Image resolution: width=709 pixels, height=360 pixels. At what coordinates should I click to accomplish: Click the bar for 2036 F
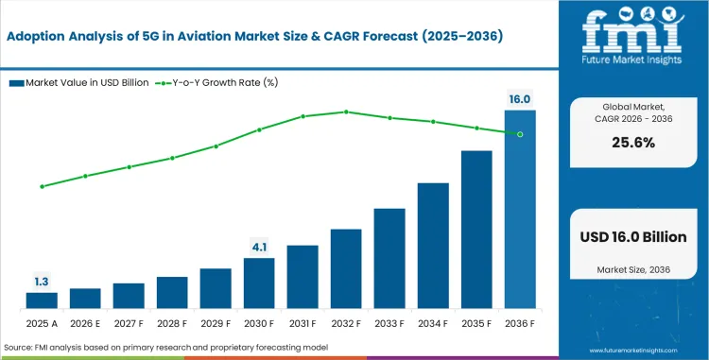(520, 209)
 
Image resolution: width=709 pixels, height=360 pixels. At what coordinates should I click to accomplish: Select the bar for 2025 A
(42, 300)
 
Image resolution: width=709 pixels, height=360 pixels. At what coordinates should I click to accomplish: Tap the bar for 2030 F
(259, 283)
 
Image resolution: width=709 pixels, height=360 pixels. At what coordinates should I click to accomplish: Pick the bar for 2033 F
(389, 258)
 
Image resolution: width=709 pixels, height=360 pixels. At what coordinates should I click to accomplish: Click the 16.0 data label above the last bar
(520, 98)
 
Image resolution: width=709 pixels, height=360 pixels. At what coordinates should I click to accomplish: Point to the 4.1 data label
(259, 247)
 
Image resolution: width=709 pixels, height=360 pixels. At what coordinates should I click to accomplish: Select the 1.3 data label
(42, 281)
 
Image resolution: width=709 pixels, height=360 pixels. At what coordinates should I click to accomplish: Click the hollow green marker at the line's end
(520, 134)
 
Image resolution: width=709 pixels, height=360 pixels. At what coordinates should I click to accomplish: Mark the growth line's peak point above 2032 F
(346, 111)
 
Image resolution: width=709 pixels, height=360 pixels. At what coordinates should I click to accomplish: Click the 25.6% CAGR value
(634, 143)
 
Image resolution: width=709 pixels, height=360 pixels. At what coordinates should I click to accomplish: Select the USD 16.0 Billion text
(634, 237)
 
